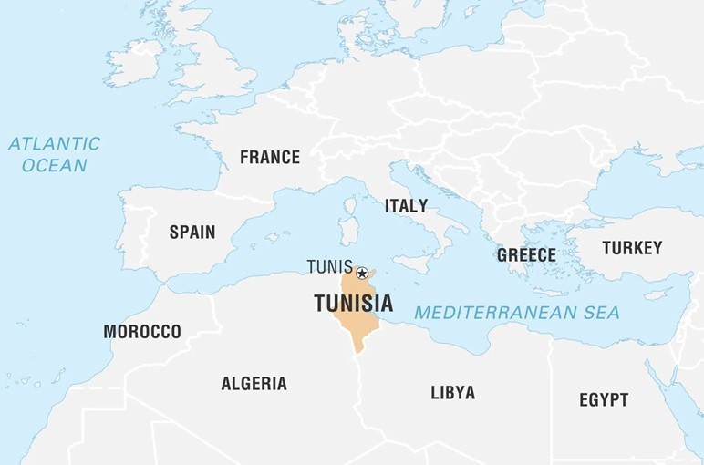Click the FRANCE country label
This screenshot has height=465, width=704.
click(x=269, y=157)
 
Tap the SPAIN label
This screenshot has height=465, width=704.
click(x=192, y=232)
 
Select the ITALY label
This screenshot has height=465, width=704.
click(x=406, y=205)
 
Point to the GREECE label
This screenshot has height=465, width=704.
click(x=526, y=255)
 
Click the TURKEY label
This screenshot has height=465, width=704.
click(x=632, y=247)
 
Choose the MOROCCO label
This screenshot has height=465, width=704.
click(x=141, y=331)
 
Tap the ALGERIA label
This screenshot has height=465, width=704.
click(x=254, y=384)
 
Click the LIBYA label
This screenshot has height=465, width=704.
click(x=452, y=393)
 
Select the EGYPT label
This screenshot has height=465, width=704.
click(x=604, y=399)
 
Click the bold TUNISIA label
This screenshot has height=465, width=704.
click(x=354, y=304)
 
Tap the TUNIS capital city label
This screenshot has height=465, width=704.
click(x=329, y=267)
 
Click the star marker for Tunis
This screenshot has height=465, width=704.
click(x=362, y=273)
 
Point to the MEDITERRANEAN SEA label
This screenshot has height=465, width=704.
click(x=517, y=313)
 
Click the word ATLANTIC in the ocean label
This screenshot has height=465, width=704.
click(x=54, y=144)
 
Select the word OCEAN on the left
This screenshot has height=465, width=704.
click(x=54, y=165)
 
